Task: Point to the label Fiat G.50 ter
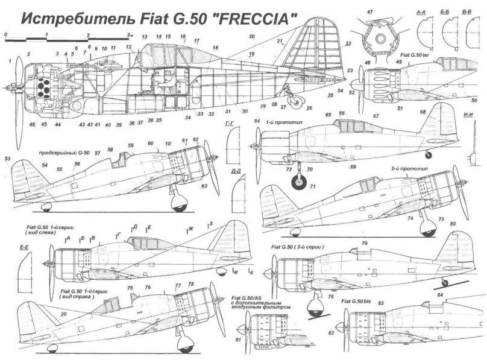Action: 426,55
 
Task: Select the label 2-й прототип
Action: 404,169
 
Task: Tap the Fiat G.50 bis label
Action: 355,300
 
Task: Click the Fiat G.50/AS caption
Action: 247,298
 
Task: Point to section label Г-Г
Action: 228,123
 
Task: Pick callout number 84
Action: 439,295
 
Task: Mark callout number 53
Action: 8,159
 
